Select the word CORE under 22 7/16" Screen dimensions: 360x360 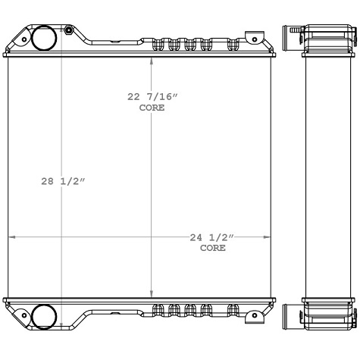point(152,108)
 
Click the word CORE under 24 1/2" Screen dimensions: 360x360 point(212,248)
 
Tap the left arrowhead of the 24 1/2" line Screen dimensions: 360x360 point(11,237)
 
